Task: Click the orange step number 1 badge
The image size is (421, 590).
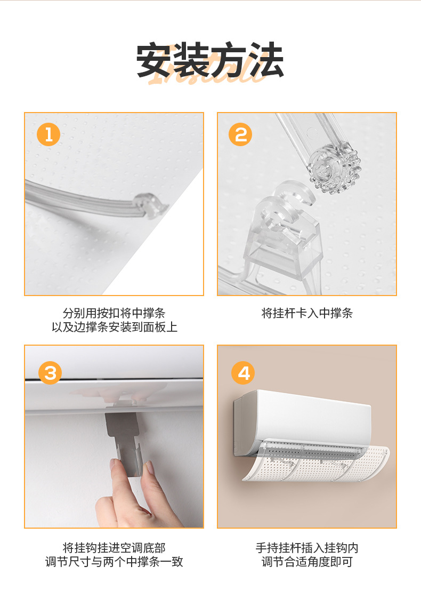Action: [48, 134]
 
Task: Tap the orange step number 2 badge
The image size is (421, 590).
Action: [240, 134]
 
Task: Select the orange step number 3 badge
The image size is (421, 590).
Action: [50, 373]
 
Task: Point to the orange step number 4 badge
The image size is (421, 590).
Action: [243, 373]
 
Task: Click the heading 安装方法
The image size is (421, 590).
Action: [210, 60]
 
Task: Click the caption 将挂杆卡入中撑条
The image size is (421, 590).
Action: [307, 313]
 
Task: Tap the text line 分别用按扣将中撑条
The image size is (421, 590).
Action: [114, 313]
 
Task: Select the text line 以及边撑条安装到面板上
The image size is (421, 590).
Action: [114, 327]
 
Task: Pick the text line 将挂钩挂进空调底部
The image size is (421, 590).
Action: [114, 548]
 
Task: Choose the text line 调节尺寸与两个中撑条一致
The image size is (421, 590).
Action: [114, 562]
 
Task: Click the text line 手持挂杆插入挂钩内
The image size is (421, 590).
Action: [307, 548]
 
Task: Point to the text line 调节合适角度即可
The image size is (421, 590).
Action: [307, 562]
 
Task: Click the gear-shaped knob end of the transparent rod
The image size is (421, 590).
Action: [334, 168]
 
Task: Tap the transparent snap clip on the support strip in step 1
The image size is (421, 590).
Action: [150, 205]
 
